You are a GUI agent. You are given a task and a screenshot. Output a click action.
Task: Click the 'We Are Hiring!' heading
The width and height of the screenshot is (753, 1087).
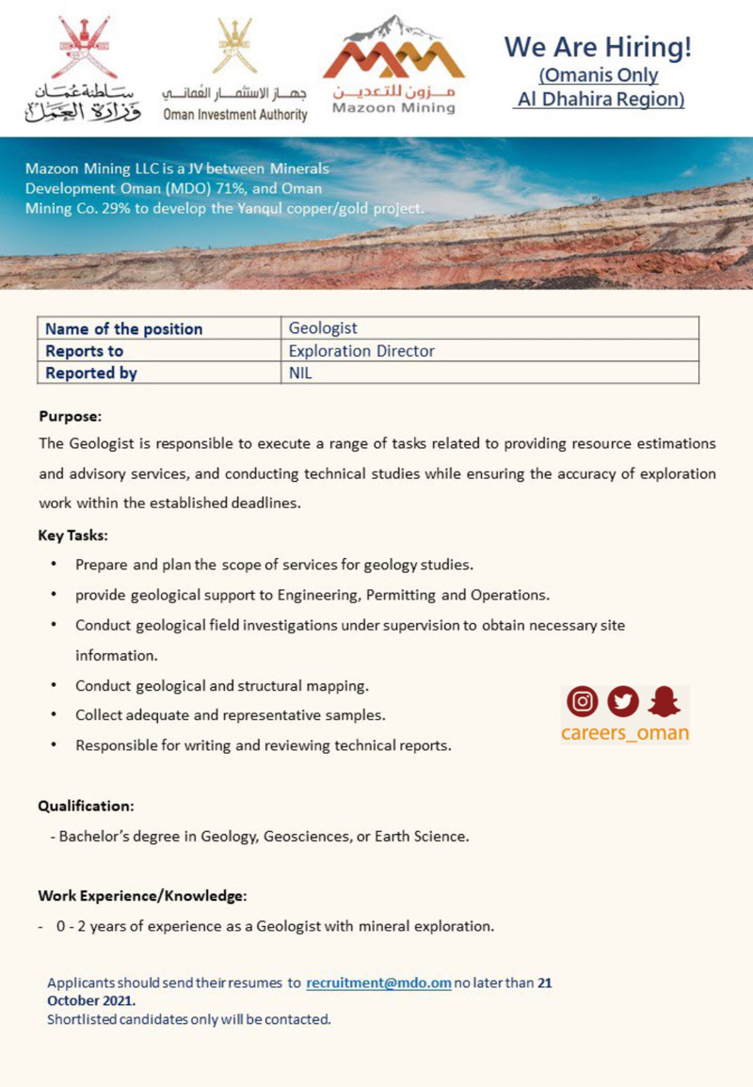click(599, 46)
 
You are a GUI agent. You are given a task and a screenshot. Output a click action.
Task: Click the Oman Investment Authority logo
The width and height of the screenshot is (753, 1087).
click(234, 71)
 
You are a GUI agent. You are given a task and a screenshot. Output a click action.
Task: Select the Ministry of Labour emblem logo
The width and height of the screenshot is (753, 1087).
click(83, 70)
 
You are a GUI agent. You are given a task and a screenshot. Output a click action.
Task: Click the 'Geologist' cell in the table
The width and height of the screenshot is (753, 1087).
click(323, 328)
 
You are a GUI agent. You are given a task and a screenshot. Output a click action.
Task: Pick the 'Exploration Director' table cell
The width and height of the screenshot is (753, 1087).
click(361, 351)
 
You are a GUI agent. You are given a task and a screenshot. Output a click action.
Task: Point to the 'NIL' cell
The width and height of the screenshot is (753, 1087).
click(300, 373)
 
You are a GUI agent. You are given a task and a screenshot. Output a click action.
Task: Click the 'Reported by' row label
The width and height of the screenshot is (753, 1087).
click(91, 373)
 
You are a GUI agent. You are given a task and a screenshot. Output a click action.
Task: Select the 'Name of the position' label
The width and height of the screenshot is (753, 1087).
click(123, 328)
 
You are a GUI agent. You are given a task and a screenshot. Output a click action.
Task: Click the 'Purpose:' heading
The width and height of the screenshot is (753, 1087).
click(70, 415)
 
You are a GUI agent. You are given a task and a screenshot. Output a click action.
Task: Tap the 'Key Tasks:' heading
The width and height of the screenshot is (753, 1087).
click(72, 536)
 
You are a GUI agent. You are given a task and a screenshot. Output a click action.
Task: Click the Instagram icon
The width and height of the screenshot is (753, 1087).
click(583, 701)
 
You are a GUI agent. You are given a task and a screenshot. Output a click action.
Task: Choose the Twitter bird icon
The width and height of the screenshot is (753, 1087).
click(623, 701)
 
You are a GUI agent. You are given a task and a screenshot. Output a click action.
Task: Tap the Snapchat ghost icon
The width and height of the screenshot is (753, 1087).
click(665, 701)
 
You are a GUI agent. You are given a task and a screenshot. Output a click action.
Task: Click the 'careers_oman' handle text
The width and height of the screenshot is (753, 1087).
click(625, 732)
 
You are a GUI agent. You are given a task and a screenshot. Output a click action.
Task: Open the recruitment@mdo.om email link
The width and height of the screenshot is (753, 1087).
click(378, 983)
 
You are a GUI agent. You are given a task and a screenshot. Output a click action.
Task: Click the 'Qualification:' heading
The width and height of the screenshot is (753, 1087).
click(86, 807)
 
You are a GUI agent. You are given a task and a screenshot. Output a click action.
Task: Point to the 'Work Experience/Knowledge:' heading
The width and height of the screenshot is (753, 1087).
click(142, 895)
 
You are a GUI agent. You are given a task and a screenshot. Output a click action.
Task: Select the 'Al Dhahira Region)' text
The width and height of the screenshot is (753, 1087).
click(599, 99)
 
